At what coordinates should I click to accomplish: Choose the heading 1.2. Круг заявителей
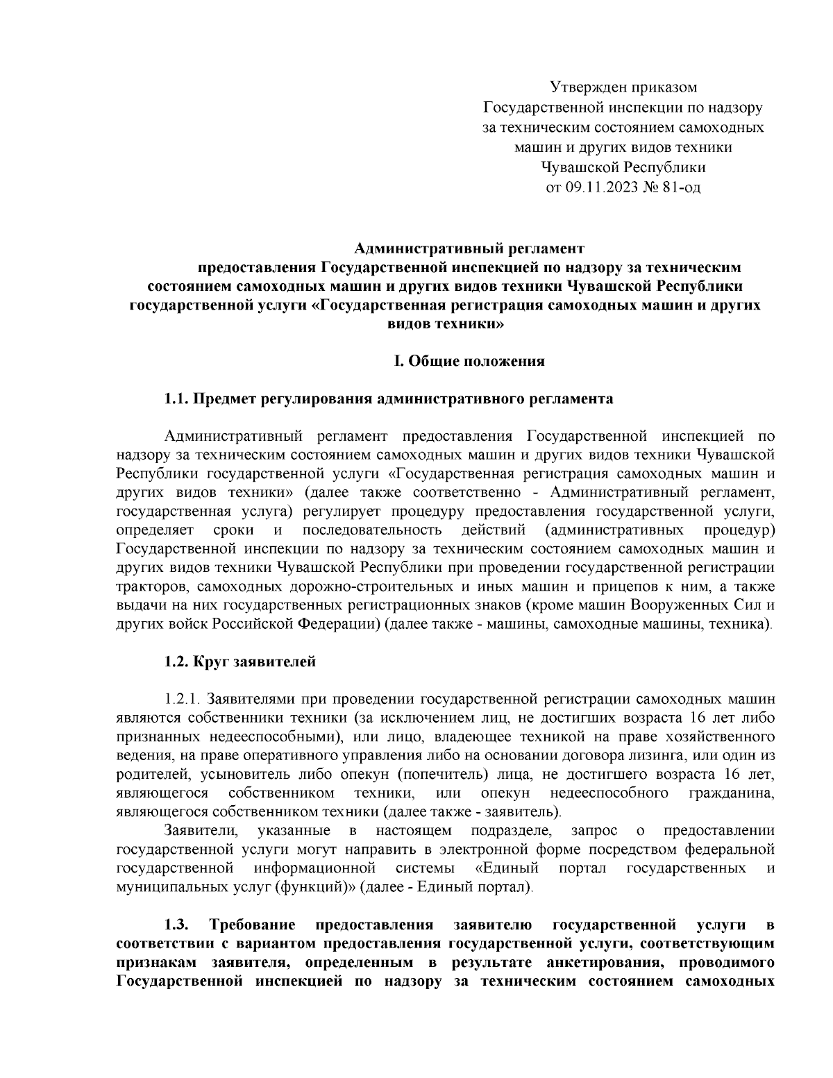point(239,662)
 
